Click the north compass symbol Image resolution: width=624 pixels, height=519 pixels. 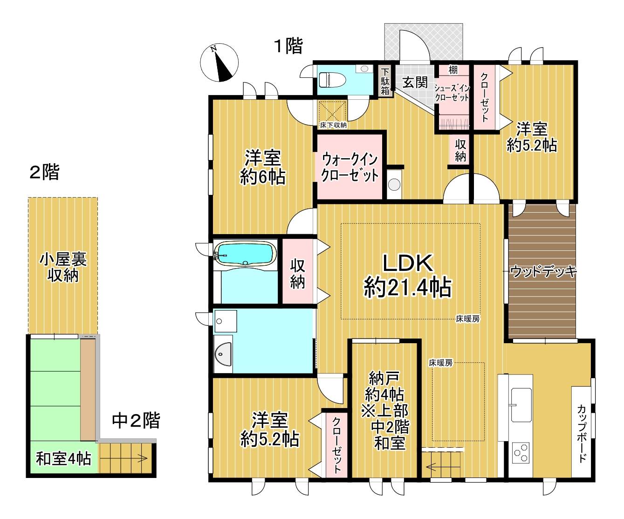pyautogui.click(x=219, y=62)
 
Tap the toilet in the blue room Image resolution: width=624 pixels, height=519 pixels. pyautogui.click(x=332, y=80)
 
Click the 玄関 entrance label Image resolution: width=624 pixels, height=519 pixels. pyautogui.click(x=415, y=82)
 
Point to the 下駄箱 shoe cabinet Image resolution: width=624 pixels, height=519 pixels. pyautogui.click(x=385, y=81)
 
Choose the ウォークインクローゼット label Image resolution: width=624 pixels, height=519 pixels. pyautogui.click(x=350, y=167)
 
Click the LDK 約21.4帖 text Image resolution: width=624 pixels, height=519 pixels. pyautogui.click(x=408, y=276)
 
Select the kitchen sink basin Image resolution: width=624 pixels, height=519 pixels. pyautogui.click(x=521, y=405)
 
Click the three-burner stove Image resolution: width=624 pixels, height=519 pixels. pyautogui.click(x=521, y=453)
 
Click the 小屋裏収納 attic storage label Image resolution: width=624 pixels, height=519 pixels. pyautogui.click(x=63, y=267)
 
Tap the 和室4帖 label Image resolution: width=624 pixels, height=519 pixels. pyautogui.click(x=64, y=458)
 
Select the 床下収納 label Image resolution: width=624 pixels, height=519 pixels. pyautogui.click(x=333, y=125)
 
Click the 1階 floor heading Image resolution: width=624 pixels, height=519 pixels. pyautogui.click(x=288, y=46)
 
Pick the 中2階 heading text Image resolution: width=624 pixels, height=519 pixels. pyautogui.click(x=136, y=420)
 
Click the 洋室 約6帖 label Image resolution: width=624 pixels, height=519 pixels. pyautogui.click(x=263, y=167)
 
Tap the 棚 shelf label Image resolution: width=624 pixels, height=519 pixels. pyautogui.click(x=453, y=70)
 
